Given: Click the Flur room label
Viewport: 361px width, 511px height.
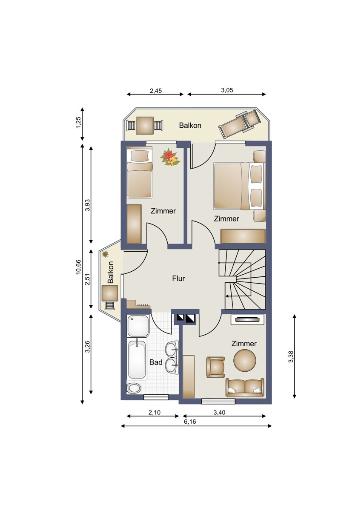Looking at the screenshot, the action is point(178,278).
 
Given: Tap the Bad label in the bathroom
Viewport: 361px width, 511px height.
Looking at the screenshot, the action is point(156,362).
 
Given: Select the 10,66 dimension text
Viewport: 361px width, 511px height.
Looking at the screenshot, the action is point(78,267).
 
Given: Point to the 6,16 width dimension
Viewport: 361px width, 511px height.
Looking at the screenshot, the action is point(190,421).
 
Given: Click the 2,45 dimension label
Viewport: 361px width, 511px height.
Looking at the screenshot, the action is point(156,91).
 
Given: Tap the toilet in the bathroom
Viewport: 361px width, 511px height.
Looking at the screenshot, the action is point(134,388).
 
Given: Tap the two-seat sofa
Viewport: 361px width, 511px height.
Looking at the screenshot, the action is point(245,388).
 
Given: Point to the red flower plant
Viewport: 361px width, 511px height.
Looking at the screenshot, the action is point(170,157).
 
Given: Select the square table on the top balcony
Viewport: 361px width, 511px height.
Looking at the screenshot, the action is point(145,125).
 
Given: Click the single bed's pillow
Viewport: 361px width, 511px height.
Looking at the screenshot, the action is point(139,156).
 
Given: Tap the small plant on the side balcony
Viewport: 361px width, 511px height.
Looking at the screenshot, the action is point(105,254).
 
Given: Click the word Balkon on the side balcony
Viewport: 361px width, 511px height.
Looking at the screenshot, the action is point(111,272).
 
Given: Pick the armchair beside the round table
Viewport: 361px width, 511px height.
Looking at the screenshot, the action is point(215,367).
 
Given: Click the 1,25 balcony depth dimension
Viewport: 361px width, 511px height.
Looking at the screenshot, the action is point(78,123).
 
